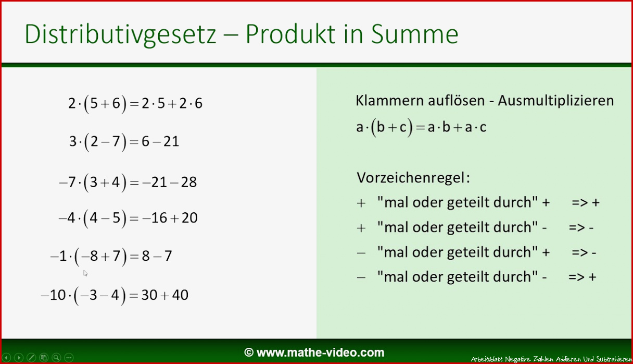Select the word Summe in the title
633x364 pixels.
414,34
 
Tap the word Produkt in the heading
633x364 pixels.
291,34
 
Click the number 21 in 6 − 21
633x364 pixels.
171,141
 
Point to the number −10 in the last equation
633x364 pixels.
54,295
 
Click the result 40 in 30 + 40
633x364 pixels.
180,295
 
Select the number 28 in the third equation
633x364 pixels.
189,183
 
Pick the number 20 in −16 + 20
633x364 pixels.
189,218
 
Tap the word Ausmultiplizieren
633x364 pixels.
556,101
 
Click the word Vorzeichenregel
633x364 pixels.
411,178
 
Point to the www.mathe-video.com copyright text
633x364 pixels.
314,353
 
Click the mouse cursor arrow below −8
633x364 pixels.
85,273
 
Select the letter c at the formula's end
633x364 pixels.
483,127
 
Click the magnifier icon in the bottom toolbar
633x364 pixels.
56,358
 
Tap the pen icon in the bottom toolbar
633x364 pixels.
31,358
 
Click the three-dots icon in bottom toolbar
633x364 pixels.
69,358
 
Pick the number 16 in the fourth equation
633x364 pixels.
159,218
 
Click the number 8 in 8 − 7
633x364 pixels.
146,256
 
